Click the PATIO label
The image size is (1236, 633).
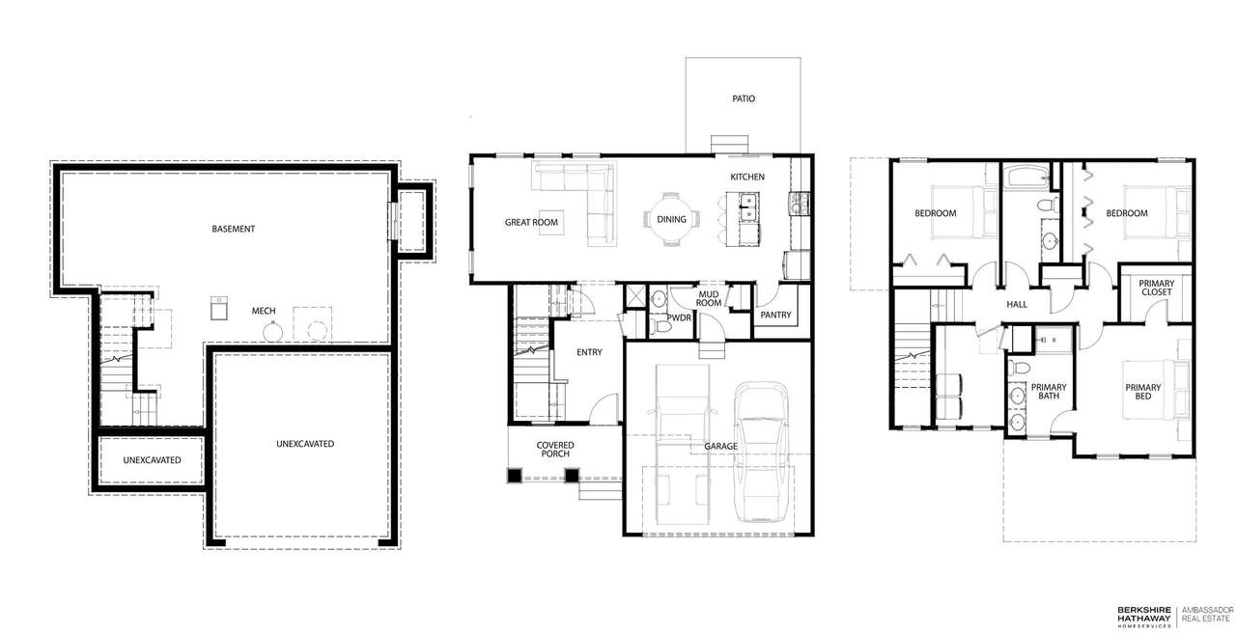tap(744, 98)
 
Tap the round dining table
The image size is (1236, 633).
tap(671, 219)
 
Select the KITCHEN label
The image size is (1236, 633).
tap(747, 177)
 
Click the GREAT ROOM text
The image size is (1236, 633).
tap(531, 222)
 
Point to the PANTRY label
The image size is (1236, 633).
tap(775, 315)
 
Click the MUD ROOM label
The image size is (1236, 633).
tap(709, 299)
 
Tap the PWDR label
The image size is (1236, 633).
tap(679, 318)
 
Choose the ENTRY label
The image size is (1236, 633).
tap(589, 352)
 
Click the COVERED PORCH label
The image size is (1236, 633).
tap(555, 450)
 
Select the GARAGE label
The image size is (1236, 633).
tap(720, 446)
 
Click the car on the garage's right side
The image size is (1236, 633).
tap(761, 453)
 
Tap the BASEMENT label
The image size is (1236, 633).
tap(234, 229)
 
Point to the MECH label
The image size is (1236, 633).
tap(264, 311)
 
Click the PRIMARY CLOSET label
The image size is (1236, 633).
tap(1157, 288)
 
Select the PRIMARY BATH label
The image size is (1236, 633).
tap(1049, 392)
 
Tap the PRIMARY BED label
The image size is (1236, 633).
tap(1142, 392)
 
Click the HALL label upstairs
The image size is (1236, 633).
tap(1017, 304)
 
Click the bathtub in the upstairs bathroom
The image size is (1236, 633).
tap(1025, 177)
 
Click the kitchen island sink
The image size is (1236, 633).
tap(748, 206)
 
